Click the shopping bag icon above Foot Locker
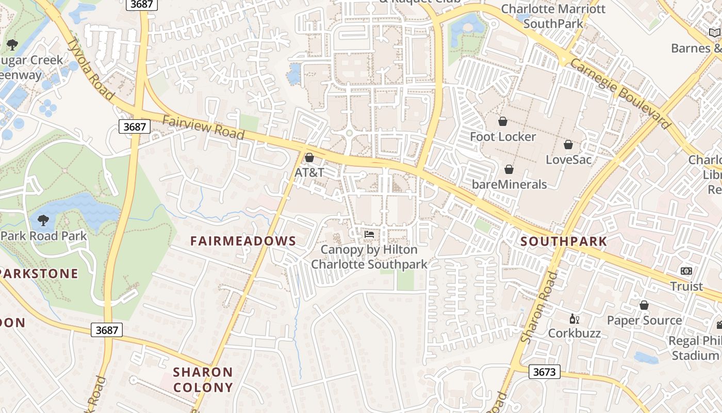click(x=503, y=121)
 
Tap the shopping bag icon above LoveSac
click(x=568, y=145)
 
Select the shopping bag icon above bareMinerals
click(x=509, y=169)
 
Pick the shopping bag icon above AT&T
click(x=309, y=157)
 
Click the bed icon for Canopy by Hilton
click(x=369, y=234)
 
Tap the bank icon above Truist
click(x=686, y=271)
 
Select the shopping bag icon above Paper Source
click(x=644, y=305)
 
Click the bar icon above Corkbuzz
click(x=574, y=319)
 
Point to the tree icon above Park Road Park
click(x=43, y=220)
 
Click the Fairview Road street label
click(x=203, y=128)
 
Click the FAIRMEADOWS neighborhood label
click(x=243, y=241)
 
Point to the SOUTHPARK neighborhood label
click(x=564, y=241)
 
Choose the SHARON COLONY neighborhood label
click(x=203, y=379)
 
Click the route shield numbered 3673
click(x=544, y=371)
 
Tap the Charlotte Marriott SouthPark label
click(x=553, y=16)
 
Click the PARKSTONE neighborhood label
click(x=39, y=274)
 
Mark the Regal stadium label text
click(x=695, y=348)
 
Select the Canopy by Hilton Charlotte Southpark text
click(x=369, y=257)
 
